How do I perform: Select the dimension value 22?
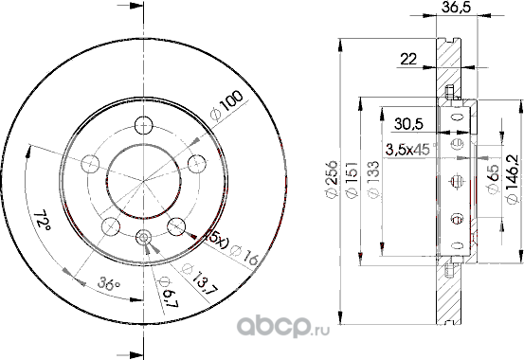(409, 59)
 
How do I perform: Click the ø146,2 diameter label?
(513, 176)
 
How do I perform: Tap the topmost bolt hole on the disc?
(143, 123)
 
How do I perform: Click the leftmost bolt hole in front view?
(91, 160)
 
